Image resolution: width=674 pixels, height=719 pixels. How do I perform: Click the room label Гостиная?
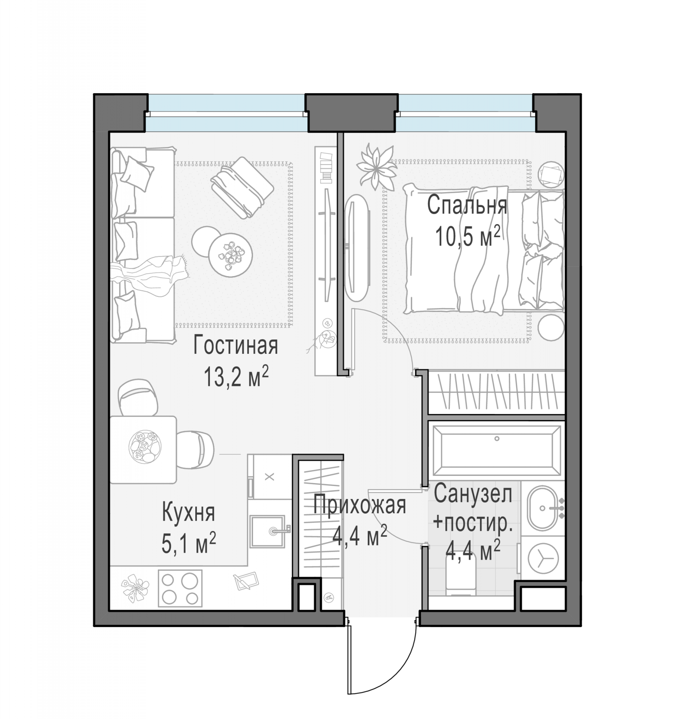tap(236, 346)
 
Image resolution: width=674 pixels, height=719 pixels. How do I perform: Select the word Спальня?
tap(467, 205)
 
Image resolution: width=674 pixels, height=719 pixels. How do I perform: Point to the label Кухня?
tap(188, 512)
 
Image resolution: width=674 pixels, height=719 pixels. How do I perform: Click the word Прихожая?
tap(360, 505)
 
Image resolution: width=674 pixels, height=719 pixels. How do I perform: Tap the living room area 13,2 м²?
tap(236, 376)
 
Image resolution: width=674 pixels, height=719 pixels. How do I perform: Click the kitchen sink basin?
tap(267, 531)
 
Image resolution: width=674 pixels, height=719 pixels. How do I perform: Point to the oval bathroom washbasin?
tap(542, 508)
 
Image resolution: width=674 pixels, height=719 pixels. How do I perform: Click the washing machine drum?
tap(541, 560)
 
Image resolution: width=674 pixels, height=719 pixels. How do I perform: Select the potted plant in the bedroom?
tap(376, 167)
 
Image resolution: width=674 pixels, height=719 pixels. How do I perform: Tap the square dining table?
tap(143, 450)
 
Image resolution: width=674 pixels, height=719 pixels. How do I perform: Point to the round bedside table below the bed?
tap(551, 327)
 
